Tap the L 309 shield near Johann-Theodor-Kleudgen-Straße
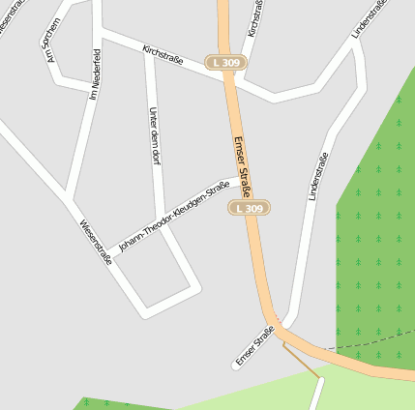coord(249,208)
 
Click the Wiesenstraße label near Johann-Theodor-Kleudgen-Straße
coord(97,242)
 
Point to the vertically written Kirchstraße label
coord(254,17)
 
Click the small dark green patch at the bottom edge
coord(106,403)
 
